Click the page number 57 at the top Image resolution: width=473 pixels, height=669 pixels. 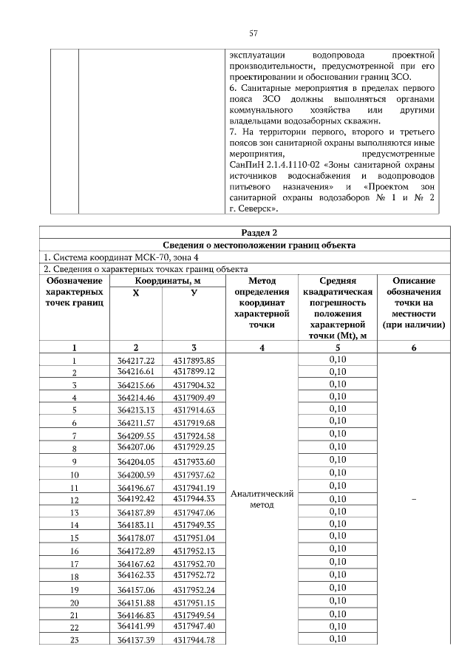point(253,33)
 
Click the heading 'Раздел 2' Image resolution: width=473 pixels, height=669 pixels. point(253,233)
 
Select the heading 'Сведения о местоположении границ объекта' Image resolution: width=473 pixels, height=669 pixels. point(253,245)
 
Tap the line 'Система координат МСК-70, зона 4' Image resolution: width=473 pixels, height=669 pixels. point(115,257)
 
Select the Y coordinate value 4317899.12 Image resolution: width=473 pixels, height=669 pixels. point(194,371)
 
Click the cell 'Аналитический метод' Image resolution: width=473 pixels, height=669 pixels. point(262,499)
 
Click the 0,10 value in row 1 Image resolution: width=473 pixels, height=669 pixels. point(338,359)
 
